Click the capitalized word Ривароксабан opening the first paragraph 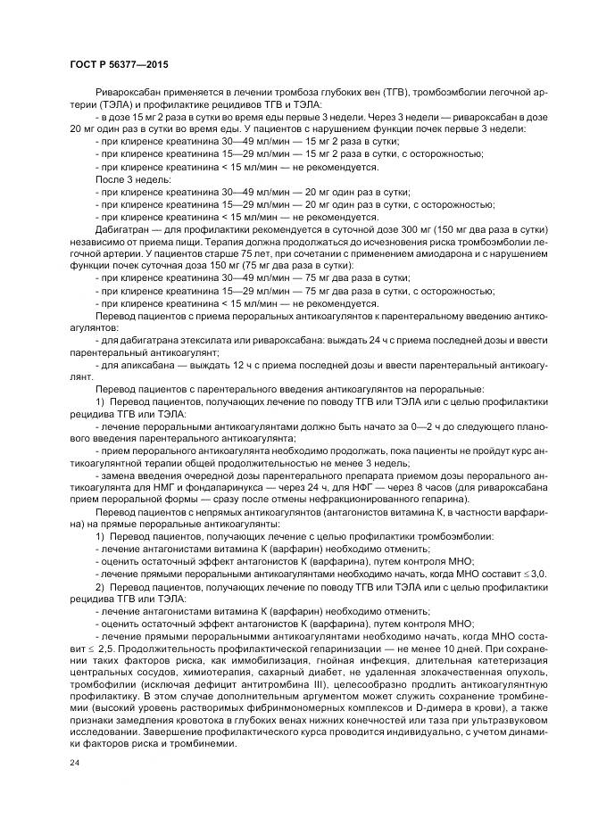[126, 93]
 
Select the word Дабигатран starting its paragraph [120, 228]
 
